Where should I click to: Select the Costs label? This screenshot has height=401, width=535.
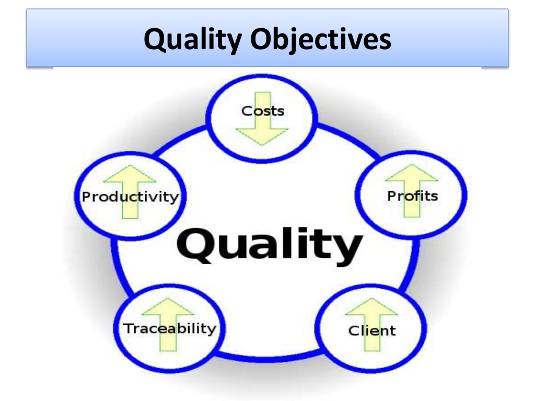(x=262, y=111)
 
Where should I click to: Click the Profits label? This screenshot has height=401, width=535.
(x=412, y=196)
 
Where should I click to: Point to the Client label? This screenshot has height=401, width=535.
(x=371, y=330)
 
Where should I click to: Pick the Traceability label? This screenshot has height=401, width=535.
(x=169, y=328)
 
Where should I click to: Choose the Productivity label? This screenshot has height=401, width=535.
(x=130, y=197)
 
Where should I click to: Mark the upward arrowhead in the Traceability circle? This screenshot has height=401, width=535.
(x=168, y=306)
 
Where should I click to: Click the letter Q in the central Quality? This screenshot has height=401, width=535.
(x=196, y=245)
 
